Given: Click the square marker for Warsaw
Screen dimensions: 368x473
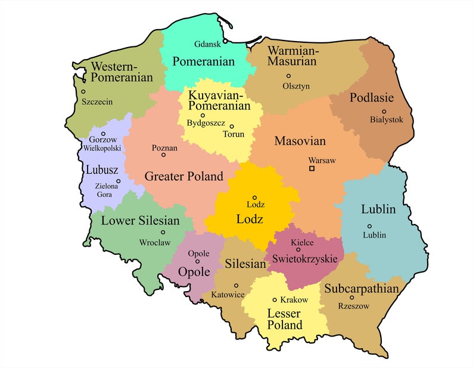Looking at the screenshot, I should click(x=312, y=169).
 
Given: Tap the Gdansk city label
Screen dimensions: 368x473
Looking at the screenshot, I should click(x=208, y=44).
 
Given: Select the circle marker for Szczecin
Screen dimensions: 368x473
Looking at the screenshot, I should click(x=83, y=91).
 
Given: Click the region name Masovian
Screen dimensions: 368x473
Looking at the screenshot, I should click(x=300, y=142).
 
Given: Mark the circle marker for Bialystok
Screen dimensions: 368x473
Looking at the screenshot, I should click(x=384, y=111).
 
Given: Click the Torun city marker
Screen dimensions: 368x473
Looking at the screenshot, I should click(x=232, y=126).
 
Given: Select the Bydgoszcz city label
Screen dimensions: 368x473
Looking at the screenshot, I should click(x=203, y=124).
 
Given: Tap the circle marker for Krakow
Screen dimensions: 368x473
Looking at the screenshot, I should click(x=275, y=300).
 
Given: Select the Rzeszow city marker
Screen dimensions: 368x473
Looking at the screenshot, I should click(x=352, y=297).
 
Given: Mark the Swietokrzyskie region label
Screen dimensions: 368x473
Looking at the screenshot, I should click(x=306, y=259).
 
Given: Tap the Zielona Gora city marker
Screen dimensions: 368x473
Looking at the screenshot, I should click(x=118, y=181).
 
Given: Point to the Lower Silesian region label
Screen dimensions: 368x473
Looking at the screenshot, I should click(x=141, y=221).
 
